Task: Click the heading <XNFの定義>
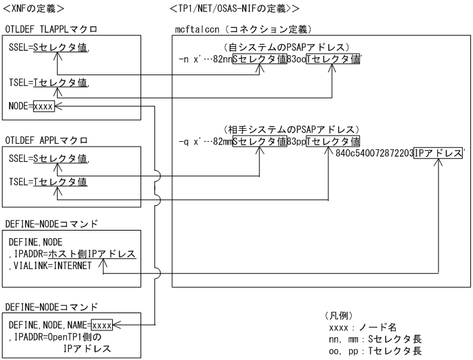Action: (x=34, y=8)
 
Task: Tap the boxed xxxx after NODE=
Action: (x=43, y=107)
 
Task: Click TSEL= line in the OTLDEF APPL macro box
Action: (x=48, y=181)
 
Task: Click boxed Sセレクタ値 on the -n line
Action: (x=259, y=59)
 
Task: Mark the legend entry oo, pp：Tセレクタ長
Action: (x=375, y=350)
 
